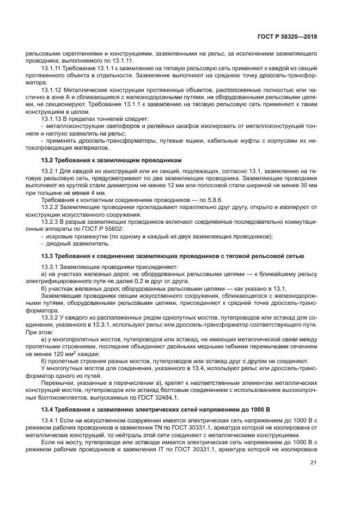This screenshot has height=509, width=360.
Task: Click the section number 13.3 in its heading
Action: (x=47, y=255)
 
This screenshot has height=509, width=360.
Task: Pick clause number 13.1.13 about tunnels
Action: (x=53, y=118)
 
